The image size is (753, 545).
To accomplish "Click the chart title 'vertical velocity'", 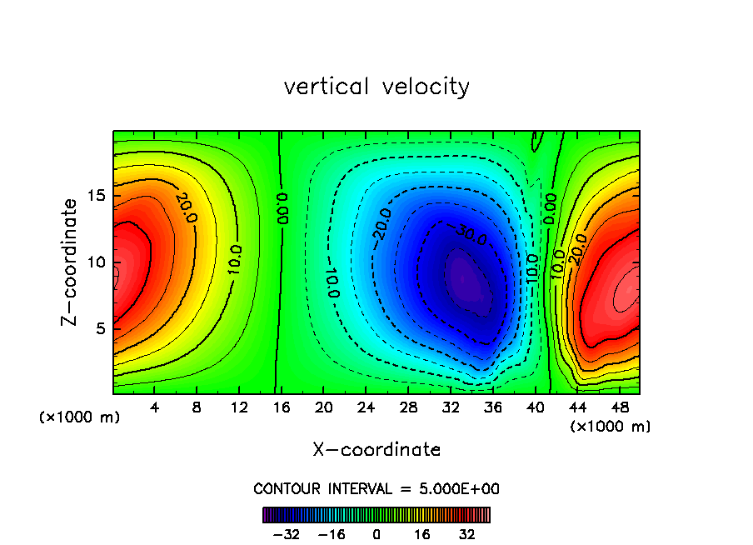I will coord(376,87).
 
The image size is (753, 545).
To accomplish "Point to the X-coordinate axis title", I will coord(376,450).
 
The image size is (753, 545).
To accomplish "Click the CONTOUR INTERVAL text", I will coord(376,489).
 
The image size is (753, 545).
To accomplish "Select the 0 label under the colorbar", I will coord(376,534).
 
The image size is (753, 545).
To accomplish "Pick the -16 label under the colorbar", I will coord(332,534).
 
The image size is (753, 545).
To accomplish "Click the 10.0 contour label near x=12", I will coord(235,261).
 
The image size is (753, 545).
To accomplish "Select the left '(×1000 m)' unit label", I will coord(80,417).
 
